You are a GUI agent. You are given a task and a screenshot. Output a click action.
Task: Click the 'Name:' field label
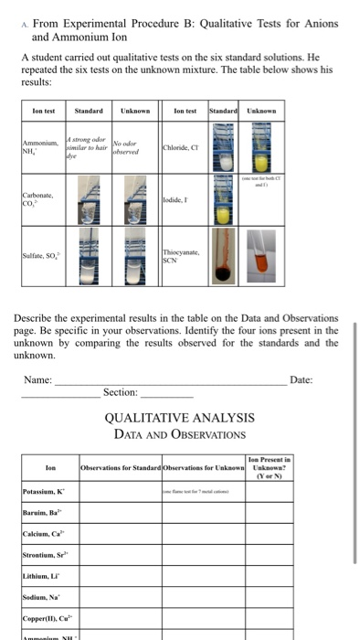38,379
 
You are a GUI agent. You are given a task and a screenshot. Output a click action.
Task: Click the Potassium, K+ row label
46,492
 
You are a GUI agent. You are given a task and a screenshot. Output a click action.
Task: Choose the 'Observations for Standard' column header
122,468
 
